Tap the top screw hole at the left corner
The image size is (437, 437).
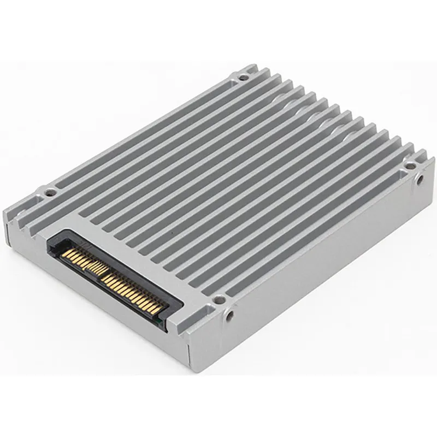coord(50,192)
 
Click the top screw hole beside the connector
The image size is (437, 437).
coord(218,299)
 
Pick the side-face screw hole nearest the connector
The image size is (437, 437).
coord(229,315)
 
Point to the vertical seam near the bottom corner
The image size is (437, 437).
coord(188,350)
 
